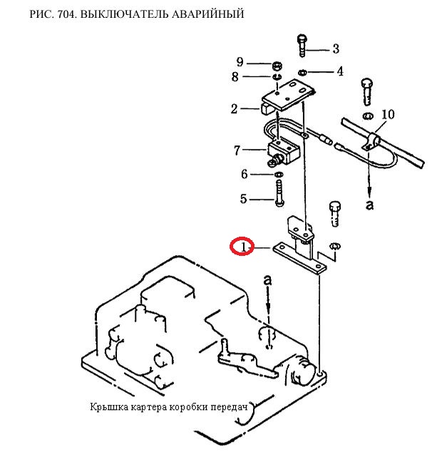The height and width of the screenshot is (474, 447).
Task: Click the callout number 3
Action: pos(335,49)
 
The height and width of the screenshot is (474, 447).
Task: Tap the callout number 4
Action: pos(340,71)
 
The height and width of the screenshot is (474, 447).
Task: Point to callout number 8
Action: pos(234,76)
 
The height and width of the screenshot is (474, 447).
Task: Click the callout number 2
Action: pos(234,109)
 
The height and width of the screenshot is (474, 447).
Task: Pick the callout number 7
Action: pos(237,150)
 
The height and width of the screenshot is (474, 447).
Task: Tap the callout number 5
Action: pos(243,199)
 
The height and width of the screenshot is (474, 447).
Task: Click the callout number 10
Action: pos(387,114)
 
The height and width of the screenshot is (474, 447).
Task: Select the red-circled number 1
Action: pos(242,247)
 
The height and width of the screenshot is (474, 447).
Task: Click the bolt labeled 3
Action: pos(302,46)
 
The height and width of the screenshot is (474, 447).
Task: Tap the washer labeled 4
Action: pos(303,71)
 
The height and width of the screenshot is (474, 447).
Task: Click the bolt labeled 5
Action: pos(277,192)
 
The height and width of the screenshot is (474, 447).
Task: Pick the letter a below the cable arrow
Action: pos(369,205)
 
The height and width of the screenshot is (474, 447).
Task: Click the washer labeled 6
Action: pos(277,174)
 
